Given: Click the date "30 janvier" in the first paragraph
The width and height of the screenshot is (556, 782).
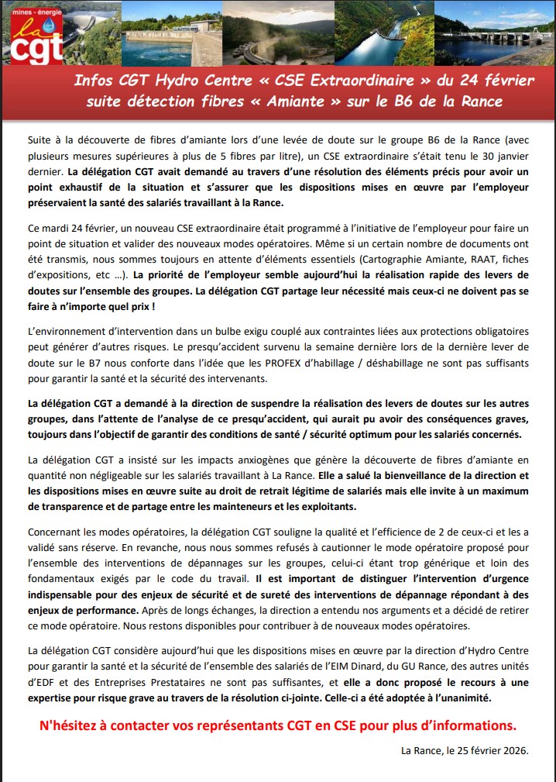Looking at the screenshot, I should (502, 153).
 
